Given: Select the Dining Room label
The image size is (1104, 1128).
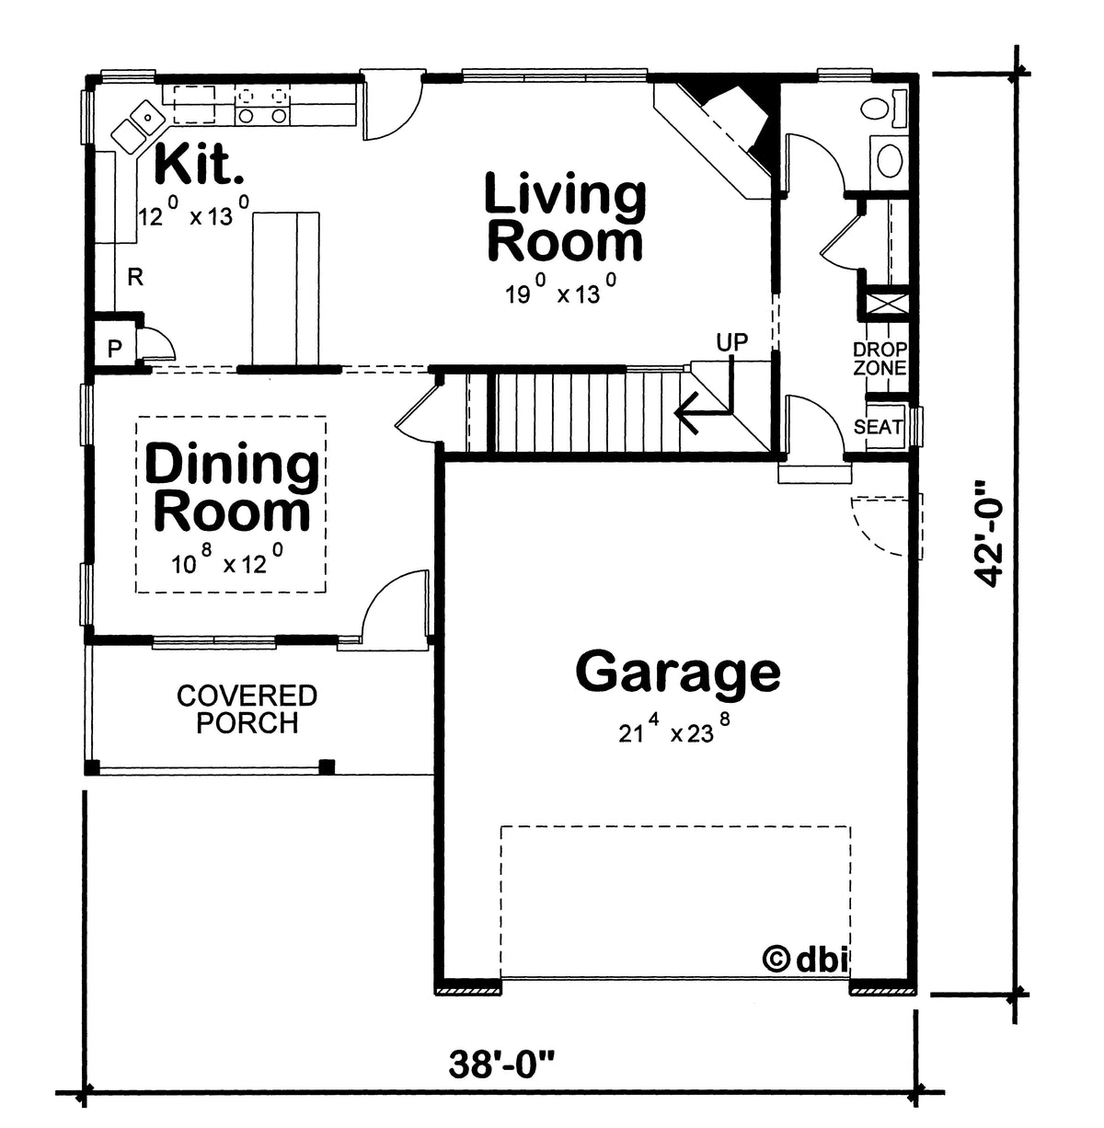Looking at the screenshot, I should click(x=232, y=489).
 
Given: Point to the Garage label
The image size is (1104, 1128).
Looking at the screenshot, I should click(x=678, y=672).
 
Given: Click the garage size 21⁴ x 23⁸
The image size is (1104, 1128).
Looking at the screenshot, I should click(x=675, y=731).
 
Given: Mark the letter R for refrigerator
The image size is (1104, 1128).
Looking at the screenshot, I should click(x=135, y=277).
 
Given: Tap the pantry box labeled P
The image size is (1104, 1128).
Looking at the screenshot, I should click(x=115, y=349).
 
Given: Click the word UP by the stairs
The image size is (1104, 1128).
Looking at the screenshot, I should click(x=732, y=342).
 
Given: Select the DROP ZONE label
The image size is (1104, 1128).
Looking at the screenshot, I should click(x=880, y=359).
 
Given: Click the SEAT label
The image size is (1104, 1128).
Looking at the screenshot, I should click(x=879, y=427).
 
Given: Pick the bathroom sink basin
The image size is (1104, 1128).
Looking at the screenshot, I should click(x=889, y=160).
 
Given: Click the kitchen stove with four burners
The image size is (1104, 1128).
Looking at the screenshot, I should click(x=262, y=103).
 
